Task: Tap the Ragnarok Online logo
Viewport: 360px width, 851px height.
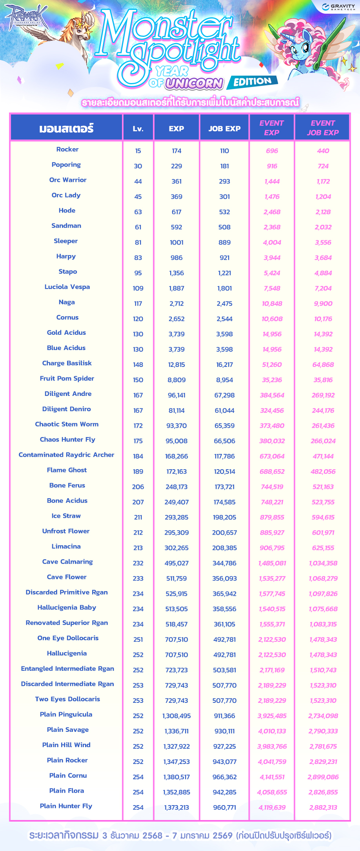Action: pos(25,17)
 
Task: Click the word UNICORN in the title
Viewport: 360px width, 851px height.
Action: pos(194,83)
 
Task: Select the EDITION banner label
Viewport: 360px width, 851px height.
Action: pos(253,82)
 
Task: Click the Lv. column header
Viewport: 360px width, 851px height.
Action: pos(138,129)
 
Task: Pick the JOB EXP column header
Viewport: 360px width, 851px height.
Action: pos(224,129)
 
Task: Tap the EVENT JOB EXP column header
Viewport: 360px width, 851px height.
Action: pos(323,128)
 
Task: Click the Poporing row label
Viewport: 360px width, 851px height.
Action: pos(66,165)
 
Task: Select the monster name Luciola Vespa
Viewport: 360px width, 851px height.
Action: pos(67,287)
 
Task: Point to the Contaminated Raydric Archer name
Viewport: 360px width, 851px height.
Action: pos(66,455)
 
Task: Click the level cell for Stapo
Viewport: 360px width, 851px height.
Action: pos(138,273)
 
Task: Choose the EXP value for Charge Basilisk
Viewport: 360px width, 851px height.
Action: pos(176,365)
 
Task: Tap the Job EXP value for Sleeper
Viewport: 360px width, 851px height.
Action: pos(224,243)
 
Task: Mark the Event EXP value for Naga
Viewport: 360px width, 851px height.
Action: pos(272,304)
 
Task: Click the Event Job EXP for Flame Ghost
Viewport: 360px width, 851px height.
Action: pos(323,472)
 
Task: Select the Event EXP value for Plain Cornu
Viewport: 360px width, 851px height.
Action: pos(272,777)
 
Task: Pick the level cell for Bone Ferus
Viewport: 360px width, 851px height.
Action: pos(138,487)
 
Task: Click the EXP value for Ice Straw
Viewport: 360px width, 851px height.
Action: pos(176,517)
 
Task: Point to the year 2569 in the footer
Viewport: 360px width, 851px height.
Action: pos(222,835)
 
